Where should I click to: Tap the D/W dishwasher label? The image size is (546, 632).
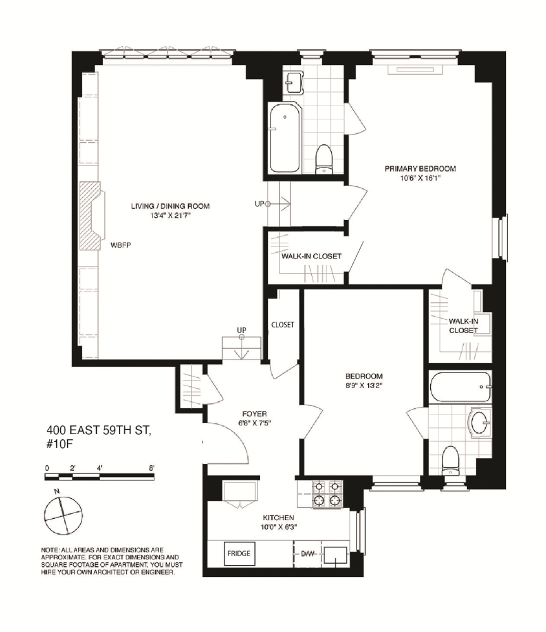point(307,554)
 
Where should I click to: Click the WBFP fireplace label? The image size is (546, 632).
point(120,244)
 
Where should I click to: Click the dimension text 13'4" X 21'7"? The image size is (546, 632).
point(170,216)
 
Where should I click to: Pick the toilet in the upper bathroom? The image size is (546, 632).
point(324,158)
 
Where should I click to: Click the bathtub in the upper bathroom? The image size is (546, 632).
point(285,138)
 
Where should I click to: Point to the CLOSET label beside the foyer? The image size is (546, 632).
point(282,325)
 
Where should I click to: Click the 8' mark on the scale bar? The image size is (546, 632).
point(152,468)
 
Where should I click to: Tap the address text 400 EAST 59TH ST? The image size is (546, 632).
point(99,432)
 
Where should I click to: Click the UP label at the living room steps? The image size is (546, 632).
point(241,331)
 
